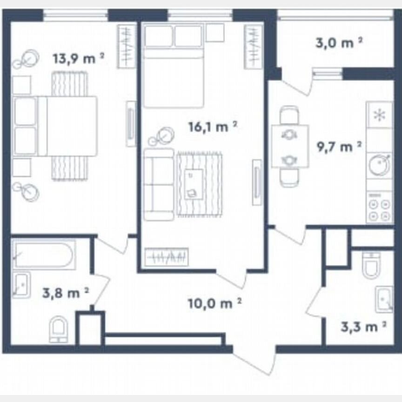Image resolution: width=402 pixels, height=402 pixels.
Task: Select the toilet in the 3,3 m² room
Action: (372, 266)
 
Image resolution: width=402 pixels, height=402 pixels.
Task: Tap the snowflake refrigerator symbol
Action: (379, 115)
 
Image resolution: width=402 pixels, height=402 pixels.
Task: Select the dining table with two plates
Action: (290, 146)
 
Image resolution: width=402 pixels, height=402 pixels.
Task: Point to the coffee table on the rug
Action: (193, 184)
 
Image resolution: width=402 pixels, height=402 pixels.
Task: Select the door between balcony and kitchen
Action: (298, 84)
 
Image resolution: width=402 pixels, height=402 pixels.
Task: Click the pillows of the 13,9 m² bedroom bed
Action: (25, 126)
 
